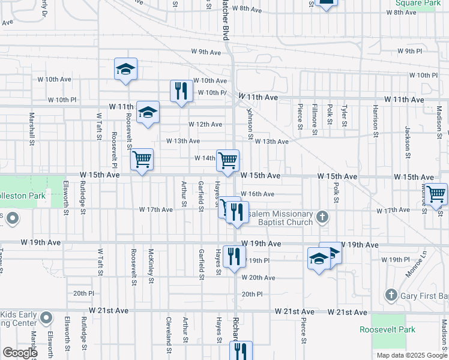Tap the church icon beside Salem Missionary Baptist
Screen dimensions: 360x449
322,217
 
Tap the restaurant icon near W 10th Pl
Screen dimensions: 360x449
181,91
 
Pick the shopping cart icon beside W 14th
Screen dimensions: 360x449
228,160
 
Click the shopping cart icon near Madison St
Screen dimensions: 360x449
436,194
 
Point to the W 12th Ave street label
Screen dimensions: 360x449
205,124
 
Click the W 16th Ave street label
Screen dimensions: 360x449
261,194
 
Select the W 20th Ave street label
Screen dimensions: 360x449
258,278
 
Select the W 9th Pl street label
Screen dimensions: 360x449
409,52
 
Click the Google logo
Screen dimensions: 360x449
20,353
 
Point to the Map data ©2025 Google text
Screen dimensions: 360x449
411,355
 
